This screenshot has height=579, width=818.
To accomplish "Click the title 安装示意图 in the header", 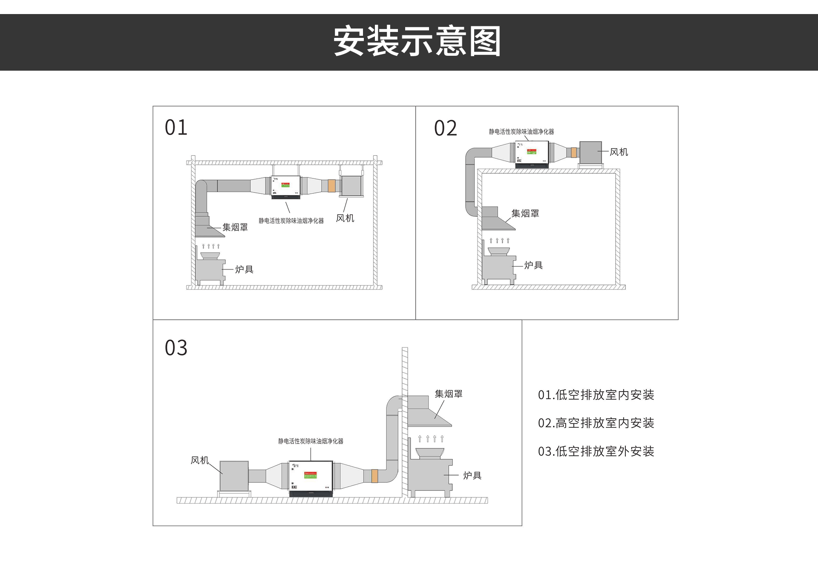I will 417,41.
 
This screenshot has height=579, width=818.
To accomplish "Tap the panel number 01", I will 176,128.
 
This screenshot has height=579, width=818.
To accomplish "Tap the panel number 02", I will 445,128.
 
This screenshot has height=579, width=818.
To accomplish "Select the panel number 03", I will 176,348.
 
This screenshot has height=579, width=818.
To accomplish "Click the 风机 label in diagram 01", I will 345,218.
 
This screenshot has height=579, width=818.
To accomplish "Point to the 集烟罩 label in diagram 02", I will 525,213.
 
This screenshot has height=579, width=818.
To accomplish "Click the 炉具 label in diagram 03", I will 472,476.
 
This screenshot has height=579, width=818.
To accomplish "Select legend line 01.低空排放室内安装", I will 596,395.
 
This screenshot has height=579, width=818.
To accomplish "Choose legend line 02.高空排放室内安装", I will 596,423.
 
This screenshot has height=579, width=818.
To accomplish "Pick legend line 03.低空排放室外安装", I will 596,451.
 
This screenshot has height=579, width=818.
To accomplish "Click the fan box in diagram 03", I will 234,476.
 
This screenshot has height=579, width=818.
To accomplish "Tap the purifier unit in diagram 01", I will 285,187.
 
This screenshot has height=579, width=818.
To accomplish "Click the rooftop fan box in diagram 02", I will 590,152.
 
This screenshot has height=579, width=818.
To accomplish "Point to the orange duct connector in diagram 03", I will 374,476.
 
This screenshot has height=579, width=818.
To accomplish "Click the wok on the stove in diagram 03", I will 429,453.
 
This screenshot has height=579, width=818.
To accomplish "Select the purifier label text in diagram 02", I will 521,132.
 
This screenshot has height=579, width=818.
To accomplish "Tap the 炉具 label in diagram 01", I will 244,269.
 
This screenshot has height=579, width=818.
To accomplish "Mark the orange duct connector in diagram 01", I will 331,186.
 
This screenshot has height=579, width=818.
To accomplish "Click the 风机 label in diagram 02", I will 619,152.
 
